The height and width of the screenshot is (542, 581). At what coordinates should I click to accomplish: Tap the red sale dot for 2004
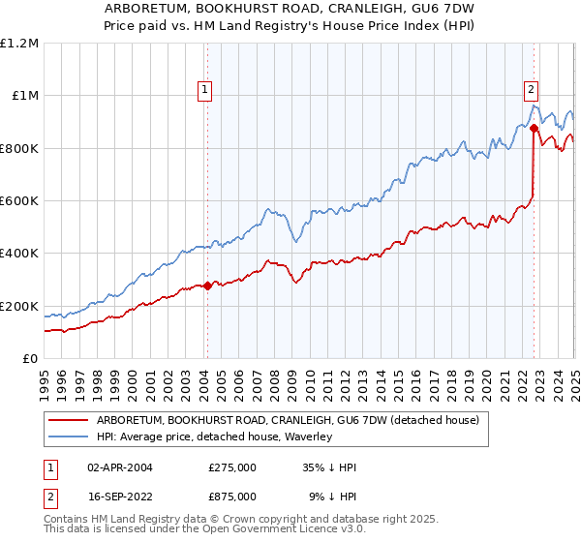pos(207,286)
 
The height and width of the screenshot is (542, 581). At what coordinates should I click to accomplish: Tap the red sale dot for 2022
pos(535,128)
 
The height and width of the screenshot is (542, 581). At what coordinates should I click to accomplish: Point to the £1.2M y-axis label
pos(19,43)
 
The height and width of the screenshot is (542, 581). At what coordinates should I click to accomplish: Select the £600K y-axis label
pos(19,201)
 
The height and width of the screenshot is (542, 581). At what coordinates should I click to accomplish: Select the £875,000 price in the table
pos(231,496)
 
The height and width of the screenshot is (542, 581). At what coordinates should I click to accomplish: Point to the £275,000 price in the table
pos(231,467)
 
